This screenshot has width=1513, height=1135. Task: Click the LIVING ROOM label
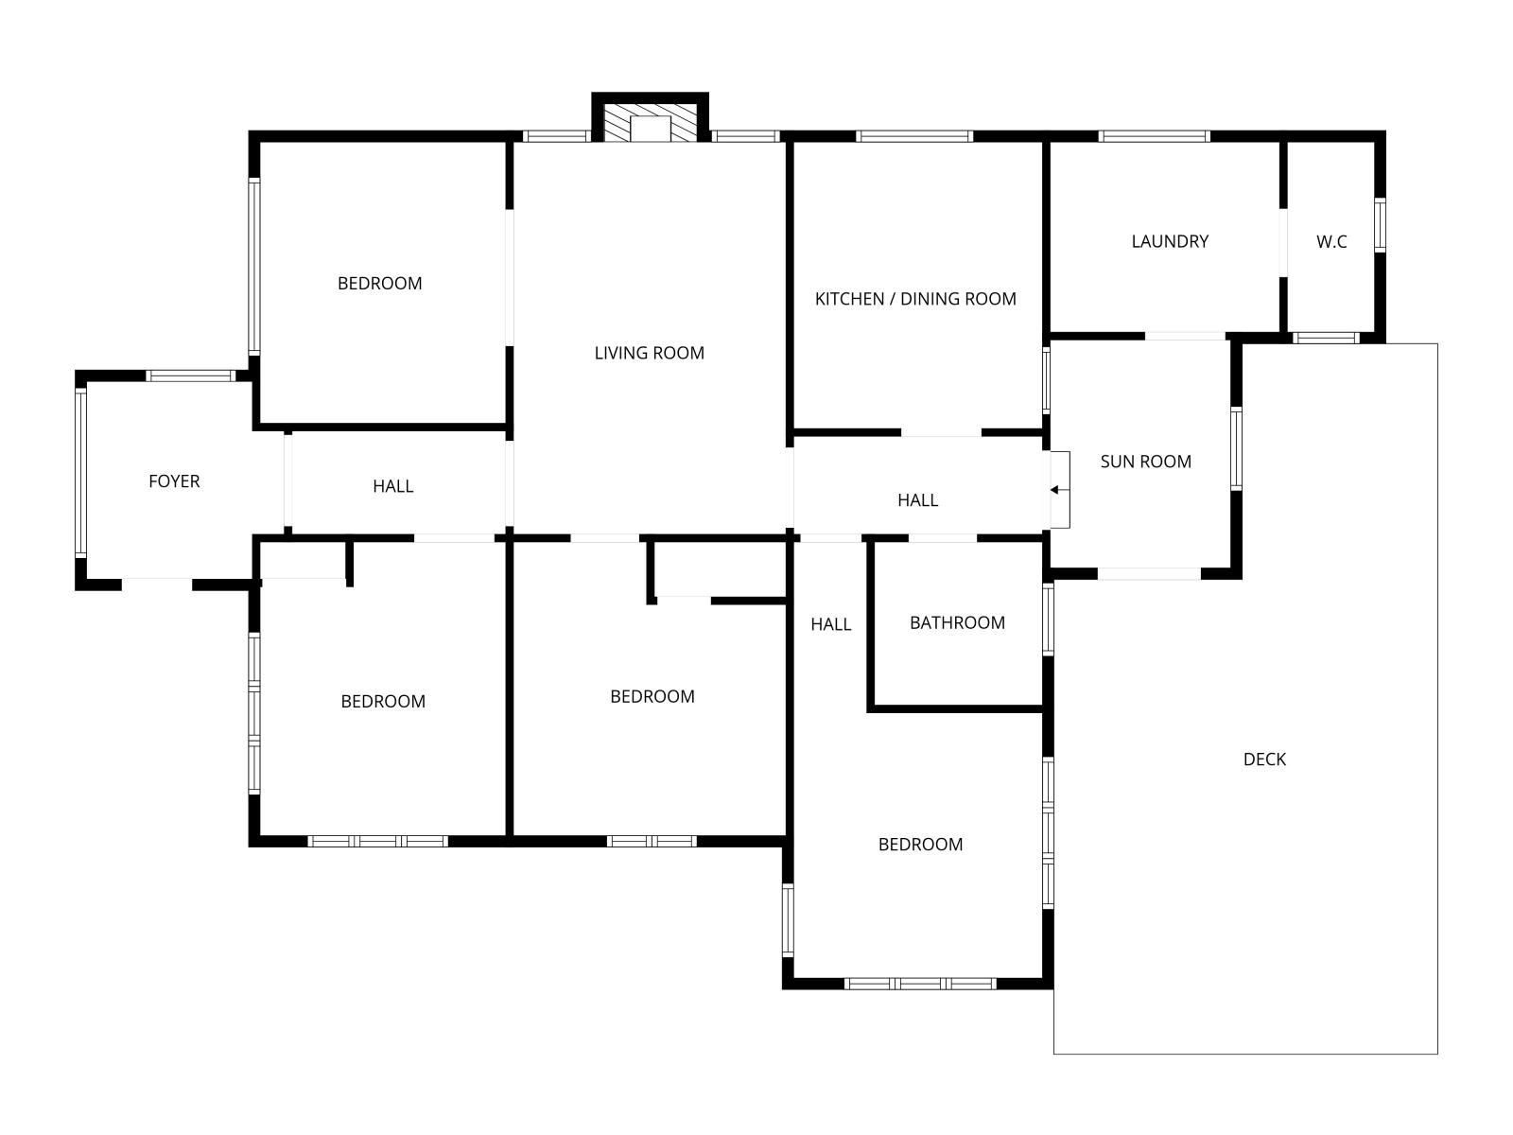click(x=649, y=353)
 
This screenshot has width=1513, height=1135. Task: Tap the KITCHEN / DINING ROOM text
click(x=914, y=298)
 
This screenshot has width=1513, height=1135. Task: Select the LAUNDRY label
click(x=1169, y=241)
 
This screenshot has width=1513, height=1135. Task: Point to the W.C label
click(x=1331, y=241)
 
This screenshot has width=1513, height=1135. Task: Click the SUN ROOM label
click(x=1145, y=461)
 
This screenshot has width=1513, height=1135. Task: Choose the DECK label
click(x=1264, y=759)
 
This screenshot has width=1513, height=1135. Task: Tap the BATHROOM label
click(x=957, y=622)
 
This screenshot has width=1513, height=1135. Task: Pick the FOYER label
click(x=174, y=481)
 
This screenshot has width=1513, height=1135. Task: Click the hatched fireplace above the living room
click(x=650, y=123)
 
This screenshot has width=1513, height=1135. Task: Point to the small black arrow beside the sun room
click(x=1054, y=490)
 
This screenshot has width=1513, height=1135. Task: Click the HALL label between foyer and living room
click(x=392, y=486)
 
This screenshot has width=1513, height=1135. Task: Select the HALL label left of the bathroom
click(x=830, y=623)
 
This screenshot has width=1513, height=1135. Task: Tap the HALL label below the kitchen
click(x=917, y=499)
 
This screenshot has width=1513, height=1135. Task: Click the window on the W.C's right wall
click(x=1380, y=225)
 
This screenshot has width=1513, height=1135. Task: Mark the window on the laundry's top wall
click(x=1154, y=136)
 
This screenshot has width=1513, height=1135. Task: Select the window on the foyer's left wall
click(x=80, y=473)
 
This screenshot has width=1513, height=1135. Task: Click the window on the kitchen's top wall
click(x=914, y=136)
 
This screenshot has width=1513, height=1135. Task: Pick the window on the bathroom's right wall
click(x=1048, y=620)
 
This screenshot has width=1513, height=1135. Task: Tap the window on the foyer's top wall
click(x=191, y=375)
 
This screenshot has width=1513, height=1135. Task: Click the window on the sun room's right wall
click(x=1236, y=448)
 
